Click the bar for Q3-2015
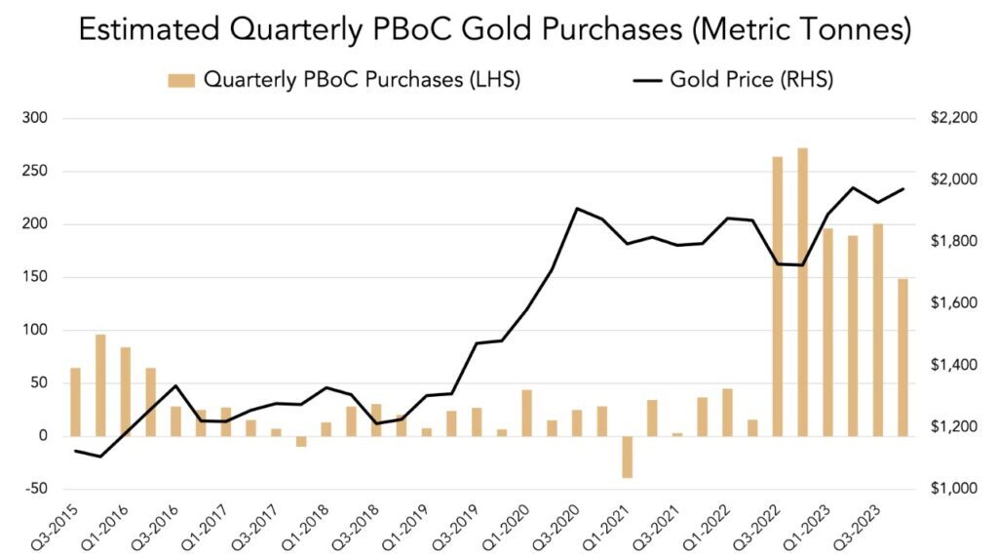point(75,402)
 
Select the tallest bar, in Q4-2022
point(802,293)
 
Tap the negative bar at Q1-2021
point(627,457)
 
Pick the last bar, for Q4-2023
point(902,357)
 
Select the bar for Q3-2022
point(778,297)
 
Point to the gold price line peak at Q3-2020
point(577,208)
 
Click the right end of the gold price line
point(903,189)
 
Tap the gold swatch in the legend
point(181,80)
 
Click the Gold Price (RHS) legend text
point(750,80)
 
